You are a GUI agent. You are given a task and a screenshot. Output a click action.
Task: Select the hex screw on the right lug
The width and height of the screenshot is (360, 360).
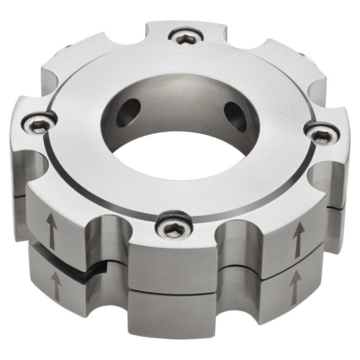click(x=322, y=135)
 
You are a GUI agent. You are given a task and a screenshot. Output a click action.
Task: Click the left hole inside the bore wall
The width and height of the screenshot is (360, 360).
click(x=128, y=110)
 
